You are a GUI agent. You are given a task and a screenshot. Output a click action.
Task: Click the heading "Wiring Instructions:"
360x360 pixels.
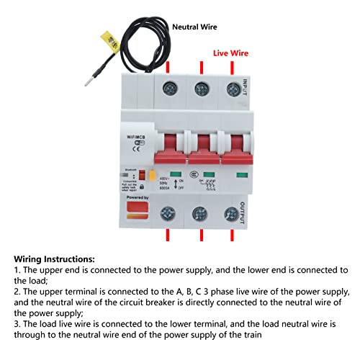pyautogui.click(x=54, y=258)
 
